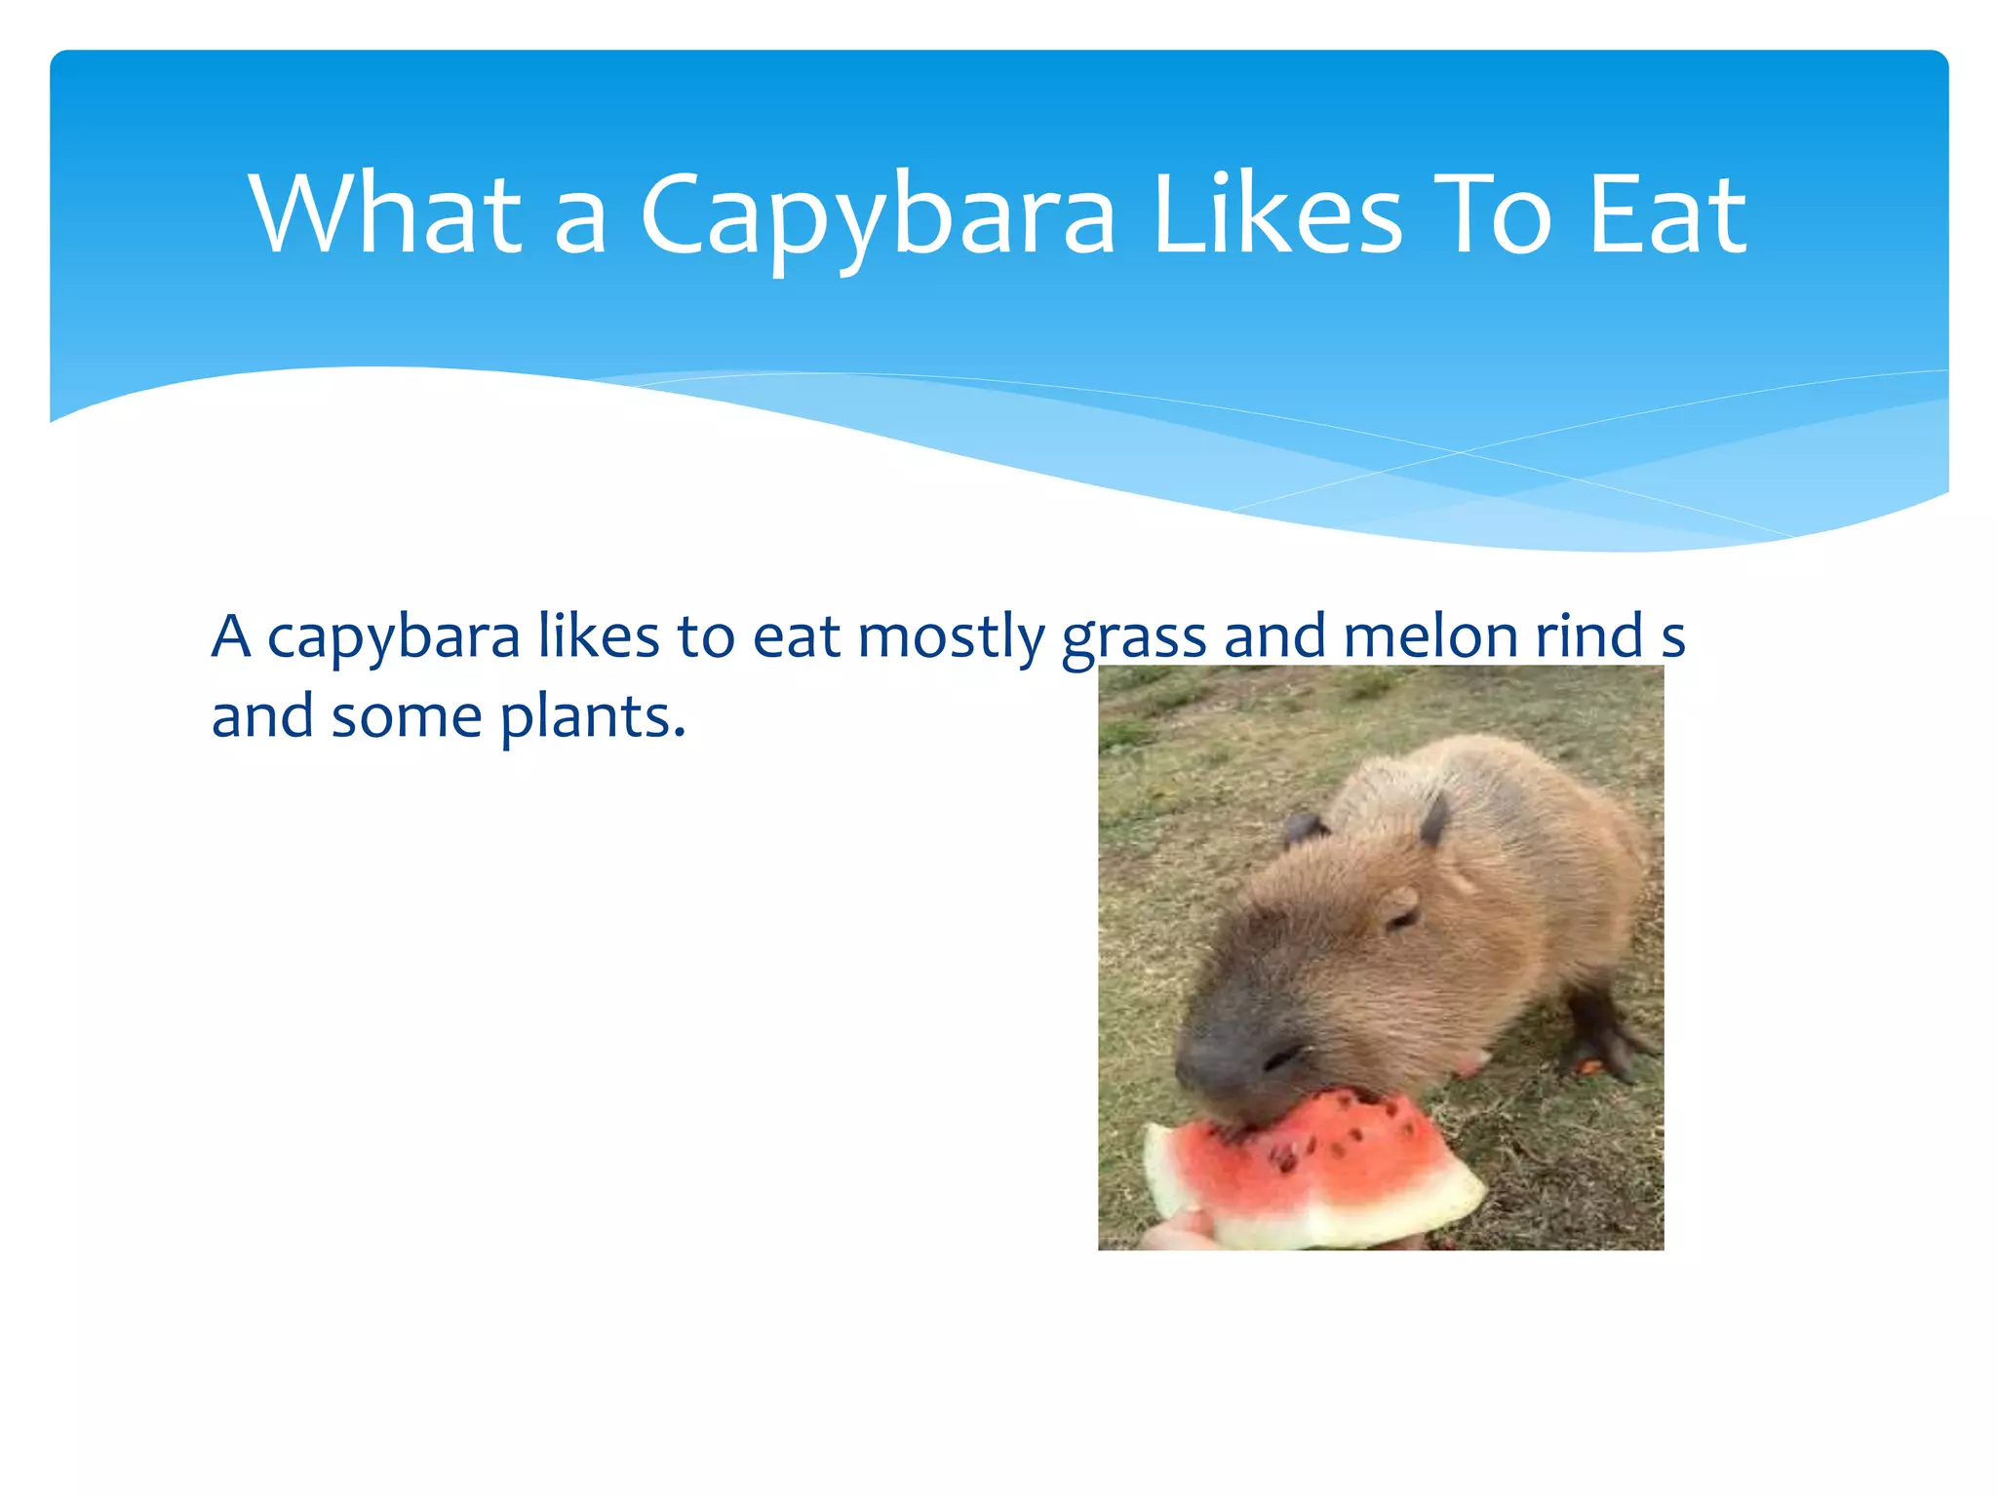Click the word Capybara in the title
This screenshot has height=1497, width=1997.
click(x=878, y=216)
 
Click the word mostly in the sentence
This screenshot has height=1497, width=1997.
click(x=951, y=638)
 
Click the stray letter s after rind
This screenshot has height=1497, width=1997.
click(x=1672, y=638)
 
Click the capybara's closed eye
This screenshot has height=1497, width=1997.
click(x=1402, y=917)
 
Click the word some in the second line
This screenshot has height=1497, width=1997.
click(x=407, y=719)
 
